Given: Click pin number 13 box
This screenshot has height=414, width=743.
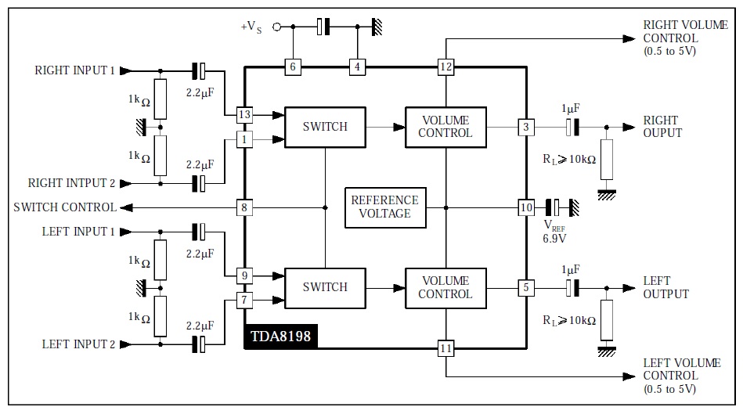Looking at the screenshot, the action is (244, 114).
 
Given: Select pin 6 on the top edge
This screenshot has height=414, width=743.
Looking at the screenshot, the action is (293, 67).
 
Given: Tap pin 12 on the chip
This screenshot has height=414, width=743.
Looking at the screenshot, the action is (446, 67).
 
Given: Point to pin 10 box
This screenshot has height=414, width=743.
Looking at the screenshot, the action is (526, 207).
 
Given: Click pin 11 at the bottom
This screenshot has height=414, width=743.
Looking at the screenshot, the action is (446, 348).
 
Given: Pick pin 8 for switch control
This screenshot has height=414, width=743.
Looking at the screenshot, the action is (244, 207).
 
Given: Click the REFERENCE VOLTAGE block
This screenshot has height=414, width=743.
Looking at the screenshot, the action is (385, 207).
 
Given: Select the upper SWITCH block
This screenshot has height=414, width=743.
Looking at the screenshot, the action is (325, 127).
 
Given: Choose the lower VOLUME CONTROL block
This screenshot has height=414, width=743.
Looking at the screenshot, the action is (446, 288).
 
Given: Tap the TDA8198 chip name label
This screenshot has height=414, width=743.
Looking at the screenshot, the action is (280, 337).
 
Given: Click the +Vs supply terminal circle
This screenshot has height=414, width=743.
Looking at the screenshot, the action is (276, 27).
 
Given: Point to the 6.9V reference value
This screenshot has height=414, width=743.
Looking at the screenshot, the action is (554, 238).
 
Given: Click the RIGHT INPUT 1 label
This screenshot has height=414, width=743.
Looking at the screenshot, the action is (75, 70).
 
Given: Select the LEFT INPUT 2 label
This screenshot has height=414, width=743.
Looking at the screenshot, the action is (78, 344).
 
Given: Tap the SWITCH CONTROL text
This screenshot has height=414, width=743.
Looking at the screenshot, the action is (65, 207).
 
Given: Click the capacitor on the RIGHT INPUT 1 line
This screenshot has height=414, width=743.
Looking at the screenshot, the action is (199, 71).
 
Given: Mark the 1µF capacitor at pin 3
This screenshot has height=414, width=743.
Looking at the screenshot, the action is (572, 127).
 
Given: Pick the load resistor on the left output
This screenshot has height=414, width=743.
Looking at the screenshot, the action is (607, 320).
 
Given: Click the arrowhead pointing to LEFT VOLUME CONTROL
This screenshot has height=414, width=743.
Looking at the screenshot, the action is (629, 376).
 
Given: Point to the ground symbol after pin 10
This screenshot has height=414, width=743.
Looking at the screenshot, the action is (575, 207).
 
